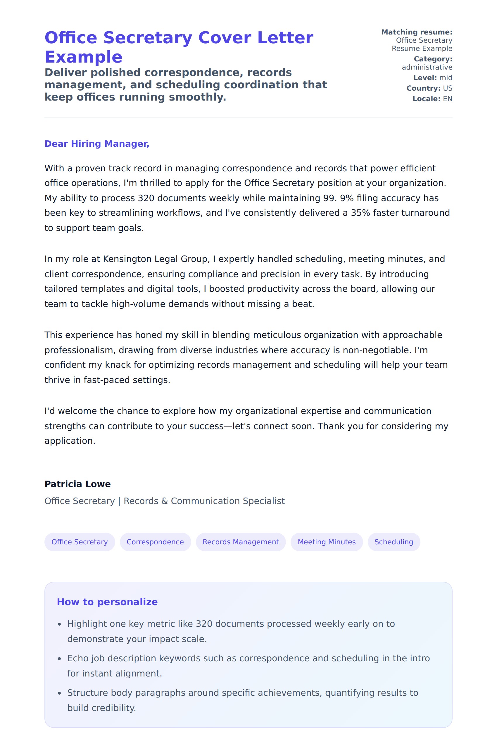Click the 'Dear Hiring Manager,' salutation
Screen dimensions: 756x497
pos(96,144)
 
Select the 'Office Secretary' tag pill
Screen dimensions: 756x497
pos(80,542)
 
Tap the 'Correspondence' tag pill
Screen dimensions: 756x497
pos(155,542)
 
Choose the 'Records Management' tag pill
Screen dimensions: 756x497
pos(240,542)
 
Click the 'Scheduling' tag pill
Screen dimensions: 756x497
pos(394,542)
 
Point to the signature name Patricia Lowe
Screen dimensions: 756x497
pos(77,484)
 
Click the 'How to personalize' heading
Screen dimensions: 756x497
pos(107,602)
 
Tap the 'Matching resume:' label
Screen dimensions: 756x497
pos(416,32)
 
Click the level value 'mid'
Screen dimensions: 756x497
pos(446,78)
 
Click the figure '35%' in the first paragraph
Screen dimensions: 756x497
pos(360,213)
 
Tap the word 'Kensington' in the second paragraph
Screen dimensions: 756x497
pos(127,259)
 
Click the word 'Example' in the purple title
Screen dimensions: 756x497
pos(84,57)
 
